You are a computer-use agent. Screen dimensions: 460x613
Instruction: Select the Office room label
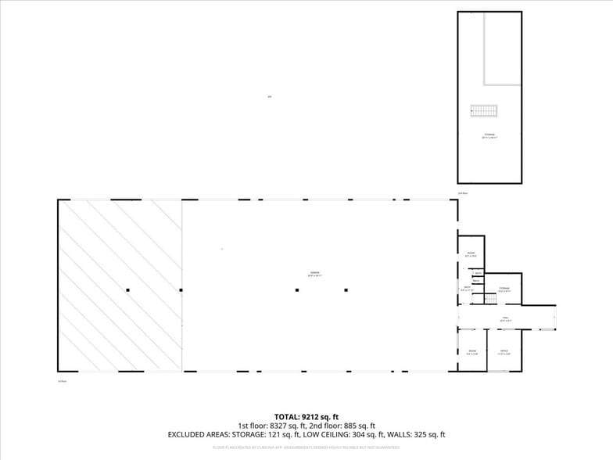504,352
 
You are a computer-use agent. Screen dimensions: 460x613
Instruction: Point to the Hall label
506,318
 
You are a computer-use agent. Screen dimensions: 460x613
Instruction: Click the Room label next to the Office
471,352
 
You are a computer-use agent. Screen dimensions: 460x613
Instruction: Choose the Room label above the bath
471,254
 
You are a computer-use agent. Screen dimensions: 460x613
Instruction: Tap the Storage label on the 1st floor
504,289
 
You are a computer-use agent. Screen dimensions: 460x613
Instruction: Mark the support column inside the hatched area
127,290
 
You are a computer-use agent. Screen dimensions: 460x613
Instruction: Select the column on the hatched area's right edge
181,290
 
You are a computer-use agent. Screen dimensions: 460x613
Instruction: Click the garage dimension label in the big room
314,274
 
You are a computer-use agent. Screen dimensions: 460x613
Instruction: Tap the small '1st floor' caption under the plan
61,381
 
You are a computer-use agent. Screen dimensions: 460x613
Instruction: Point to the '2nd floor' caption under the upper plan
463,192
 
